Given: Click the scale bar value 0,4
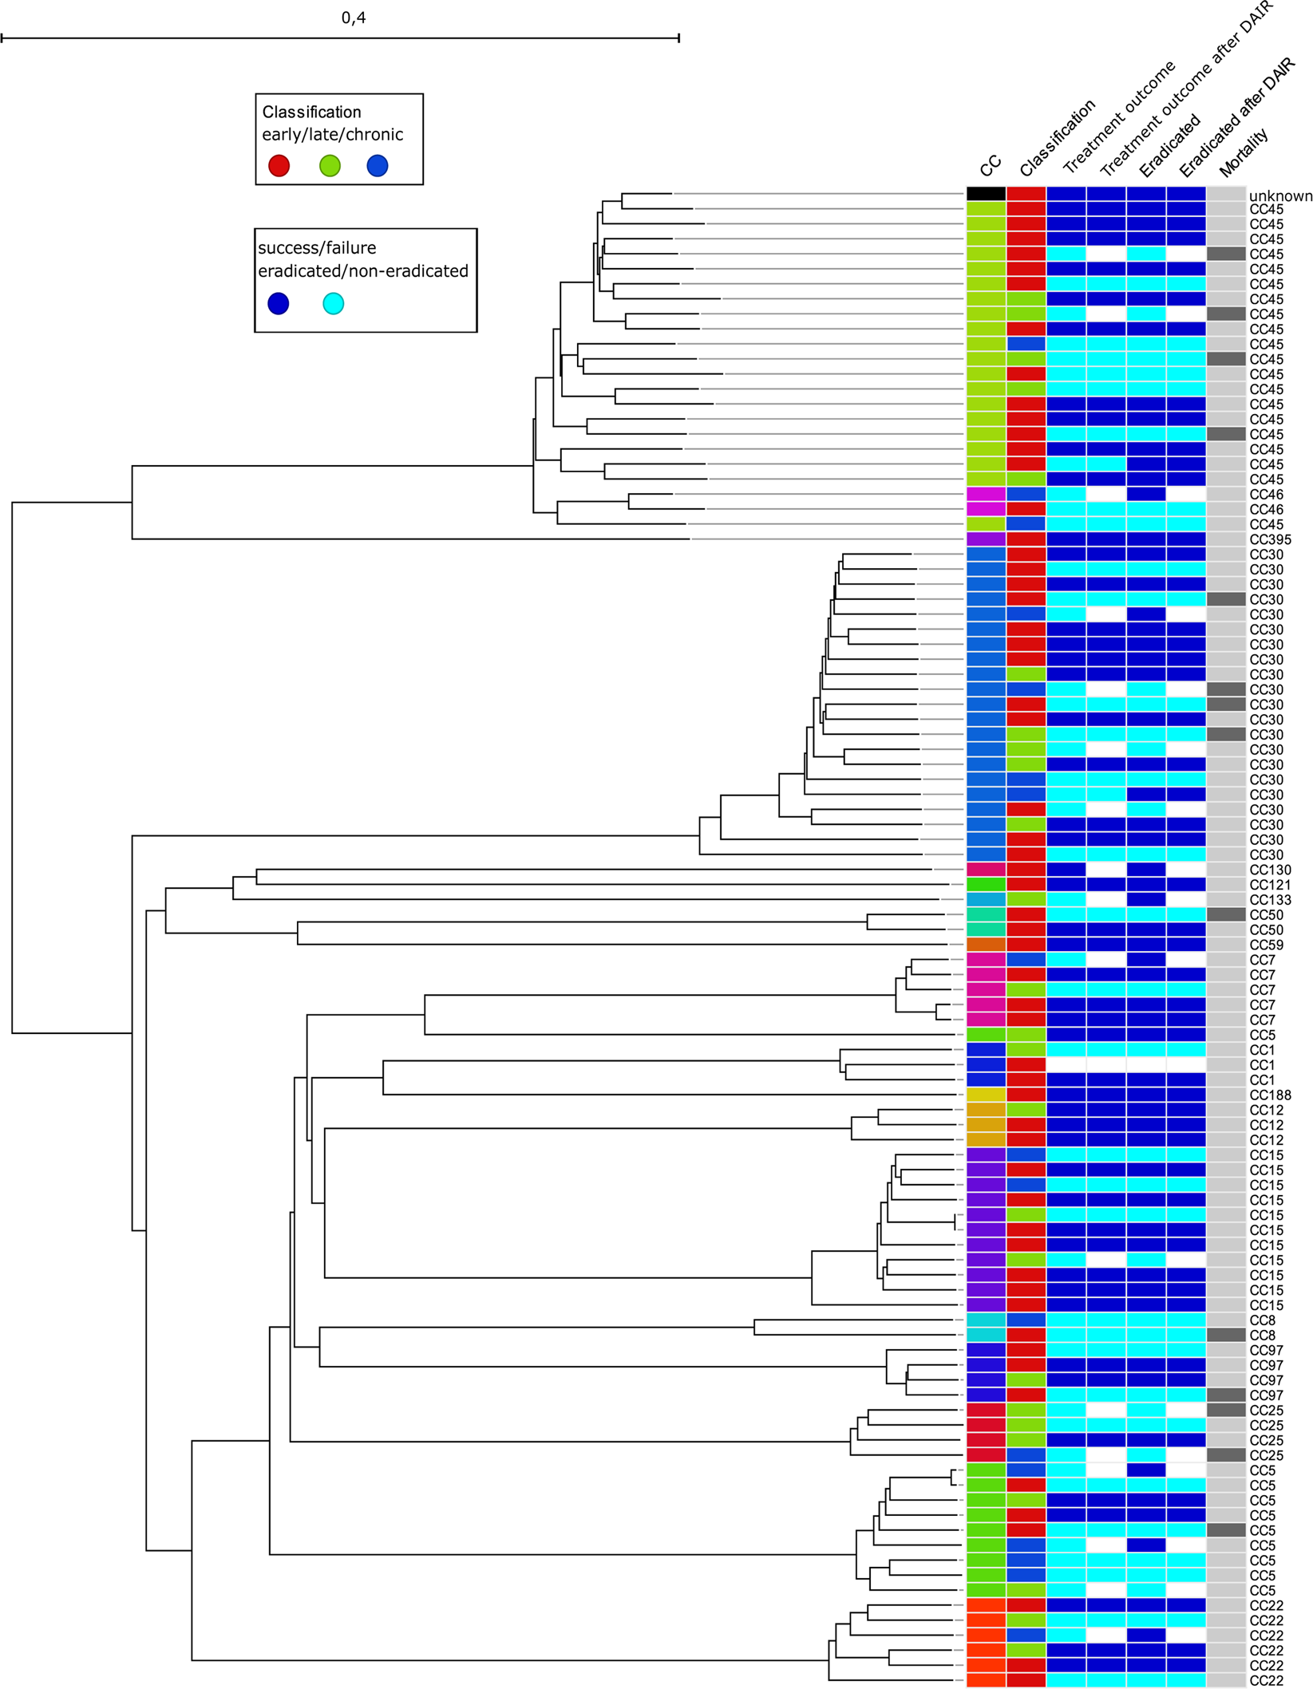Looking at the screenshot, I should (x=353, y=18).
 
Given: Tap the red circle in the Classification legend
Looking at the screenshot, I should (x=279, y=165).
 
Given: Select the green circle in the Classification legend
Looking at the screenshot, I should (x=330, y=165).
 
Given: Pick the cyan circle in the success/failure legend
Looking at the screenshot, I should (x=333, y=303).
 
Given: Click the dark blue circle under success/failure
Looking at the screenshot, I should (x=278, y=303).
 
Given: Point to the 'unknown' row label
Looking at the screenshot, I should (x=1279, y=195).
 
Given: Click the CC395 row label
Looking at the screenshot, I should (x=1270, y=539).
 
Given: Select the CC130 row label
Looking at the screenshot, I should (x=1270, y=870).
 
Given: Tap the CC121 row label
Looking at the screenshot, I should (x=1270, y=885).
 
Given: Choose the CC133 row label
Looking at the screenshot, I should (x=1270, y=900).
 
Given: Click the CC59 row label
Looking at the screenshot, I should (x=1266, y=945).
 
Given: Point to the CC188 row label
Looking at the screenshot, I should (x=1270, y=1095).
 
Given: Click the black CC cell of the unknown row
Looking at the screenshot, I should (x=986, y=194).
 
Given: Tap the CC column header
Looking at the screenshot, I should (x=990, y=165).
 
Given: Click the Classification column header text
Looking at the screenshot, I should (x=1057, y=138).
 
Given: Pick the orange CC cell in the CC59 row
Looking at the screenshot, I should (x=986, y=945).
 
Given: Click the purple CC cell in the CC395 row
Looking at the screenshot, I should (x=986, y=539).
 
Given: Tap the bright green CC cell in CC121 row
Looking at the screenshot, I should (x=986, y=885).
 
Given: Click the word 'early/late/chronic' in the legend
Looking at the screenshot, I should (x=332, y=134).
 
